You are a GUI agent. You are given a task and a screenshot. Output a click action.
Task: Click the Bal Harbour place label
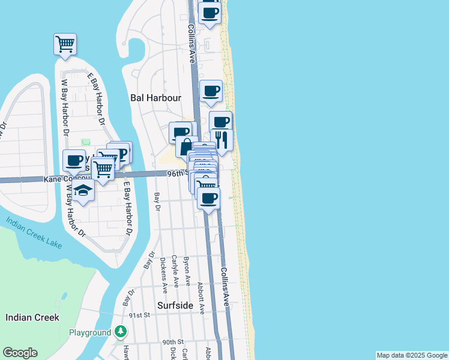pos(155,97)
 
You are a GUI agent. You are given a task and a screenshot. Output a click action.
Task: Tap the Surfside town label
pos(175,305)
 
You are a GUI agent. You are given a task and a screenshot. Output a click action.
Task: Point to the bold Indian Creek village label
pos(32,317)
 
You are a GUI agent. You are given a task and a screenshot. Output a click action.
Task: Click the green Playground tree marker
pos(121,332)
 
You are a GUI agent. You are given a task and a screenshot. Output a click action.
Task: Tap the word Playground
pos(90,332)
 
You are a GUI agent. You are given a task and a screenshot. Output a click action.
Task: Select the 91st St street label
pos(139,315)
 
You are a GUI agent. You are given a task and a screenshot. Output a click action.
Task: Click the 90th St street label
pos(172,342)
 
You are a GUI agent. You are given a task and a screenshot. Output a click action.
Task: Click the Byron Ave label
pos(186,271)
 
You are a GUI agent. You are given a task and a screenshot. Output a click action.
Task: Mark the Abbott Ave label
pos(200,299)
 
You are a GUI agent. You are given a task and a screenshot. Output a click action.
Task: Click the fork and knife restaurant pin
pos(223,140)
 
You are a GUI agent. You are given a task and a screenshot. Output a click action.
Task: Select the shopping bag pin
pos(187,146)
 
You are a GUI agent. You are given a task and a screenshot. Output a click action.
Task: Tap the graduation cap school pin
pos(84,191)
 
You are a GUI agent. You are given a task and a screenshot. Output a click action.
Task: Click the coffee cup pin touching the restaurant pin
pos(220,122)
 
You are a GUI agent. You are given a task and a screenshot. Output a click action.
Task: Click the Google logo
pos(20,353)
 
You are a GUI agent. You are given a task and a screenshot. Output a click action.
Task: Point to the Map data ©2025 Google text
pos(412,355)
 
